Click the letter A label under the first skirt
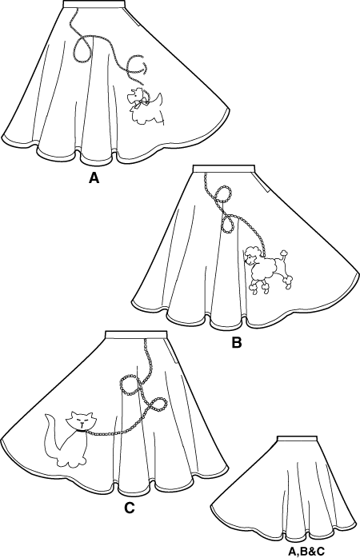[x=94, y=179]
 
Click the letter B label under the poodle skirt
[x=236, y=344]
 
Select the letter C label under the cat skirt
[x=129, y=506]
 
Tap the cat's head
[x=81, y=420]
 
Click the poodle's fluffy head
[x=253, y=257]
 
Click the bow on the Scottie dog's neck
[x=142, y=102]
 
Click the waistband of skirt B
[x=223, y=169]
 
